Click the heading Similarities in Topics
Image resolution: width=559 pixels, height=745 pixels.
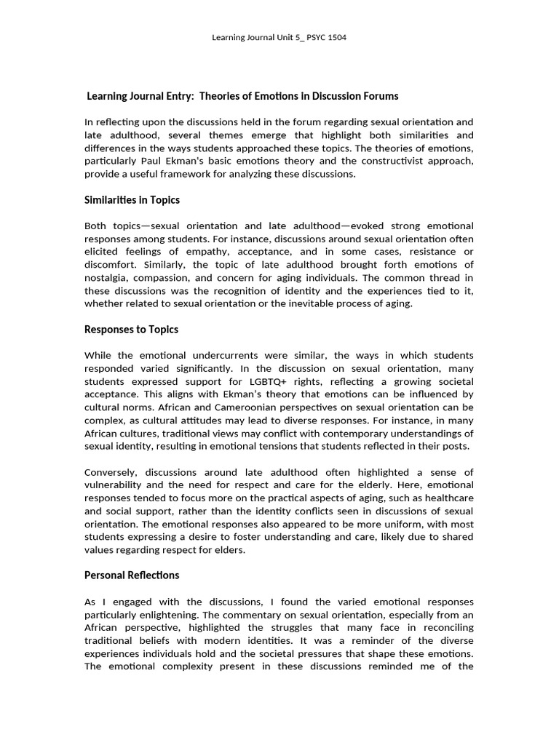(x=132, y=199)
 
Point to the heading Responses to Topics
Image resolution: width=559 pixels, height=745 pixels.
(x=131, y=329)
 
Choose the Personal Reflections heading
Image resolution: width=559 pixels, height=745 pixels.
(x=132, y=575)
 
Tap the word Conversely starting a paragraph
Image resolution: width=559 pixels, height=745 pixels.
(x=111, y=472)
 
